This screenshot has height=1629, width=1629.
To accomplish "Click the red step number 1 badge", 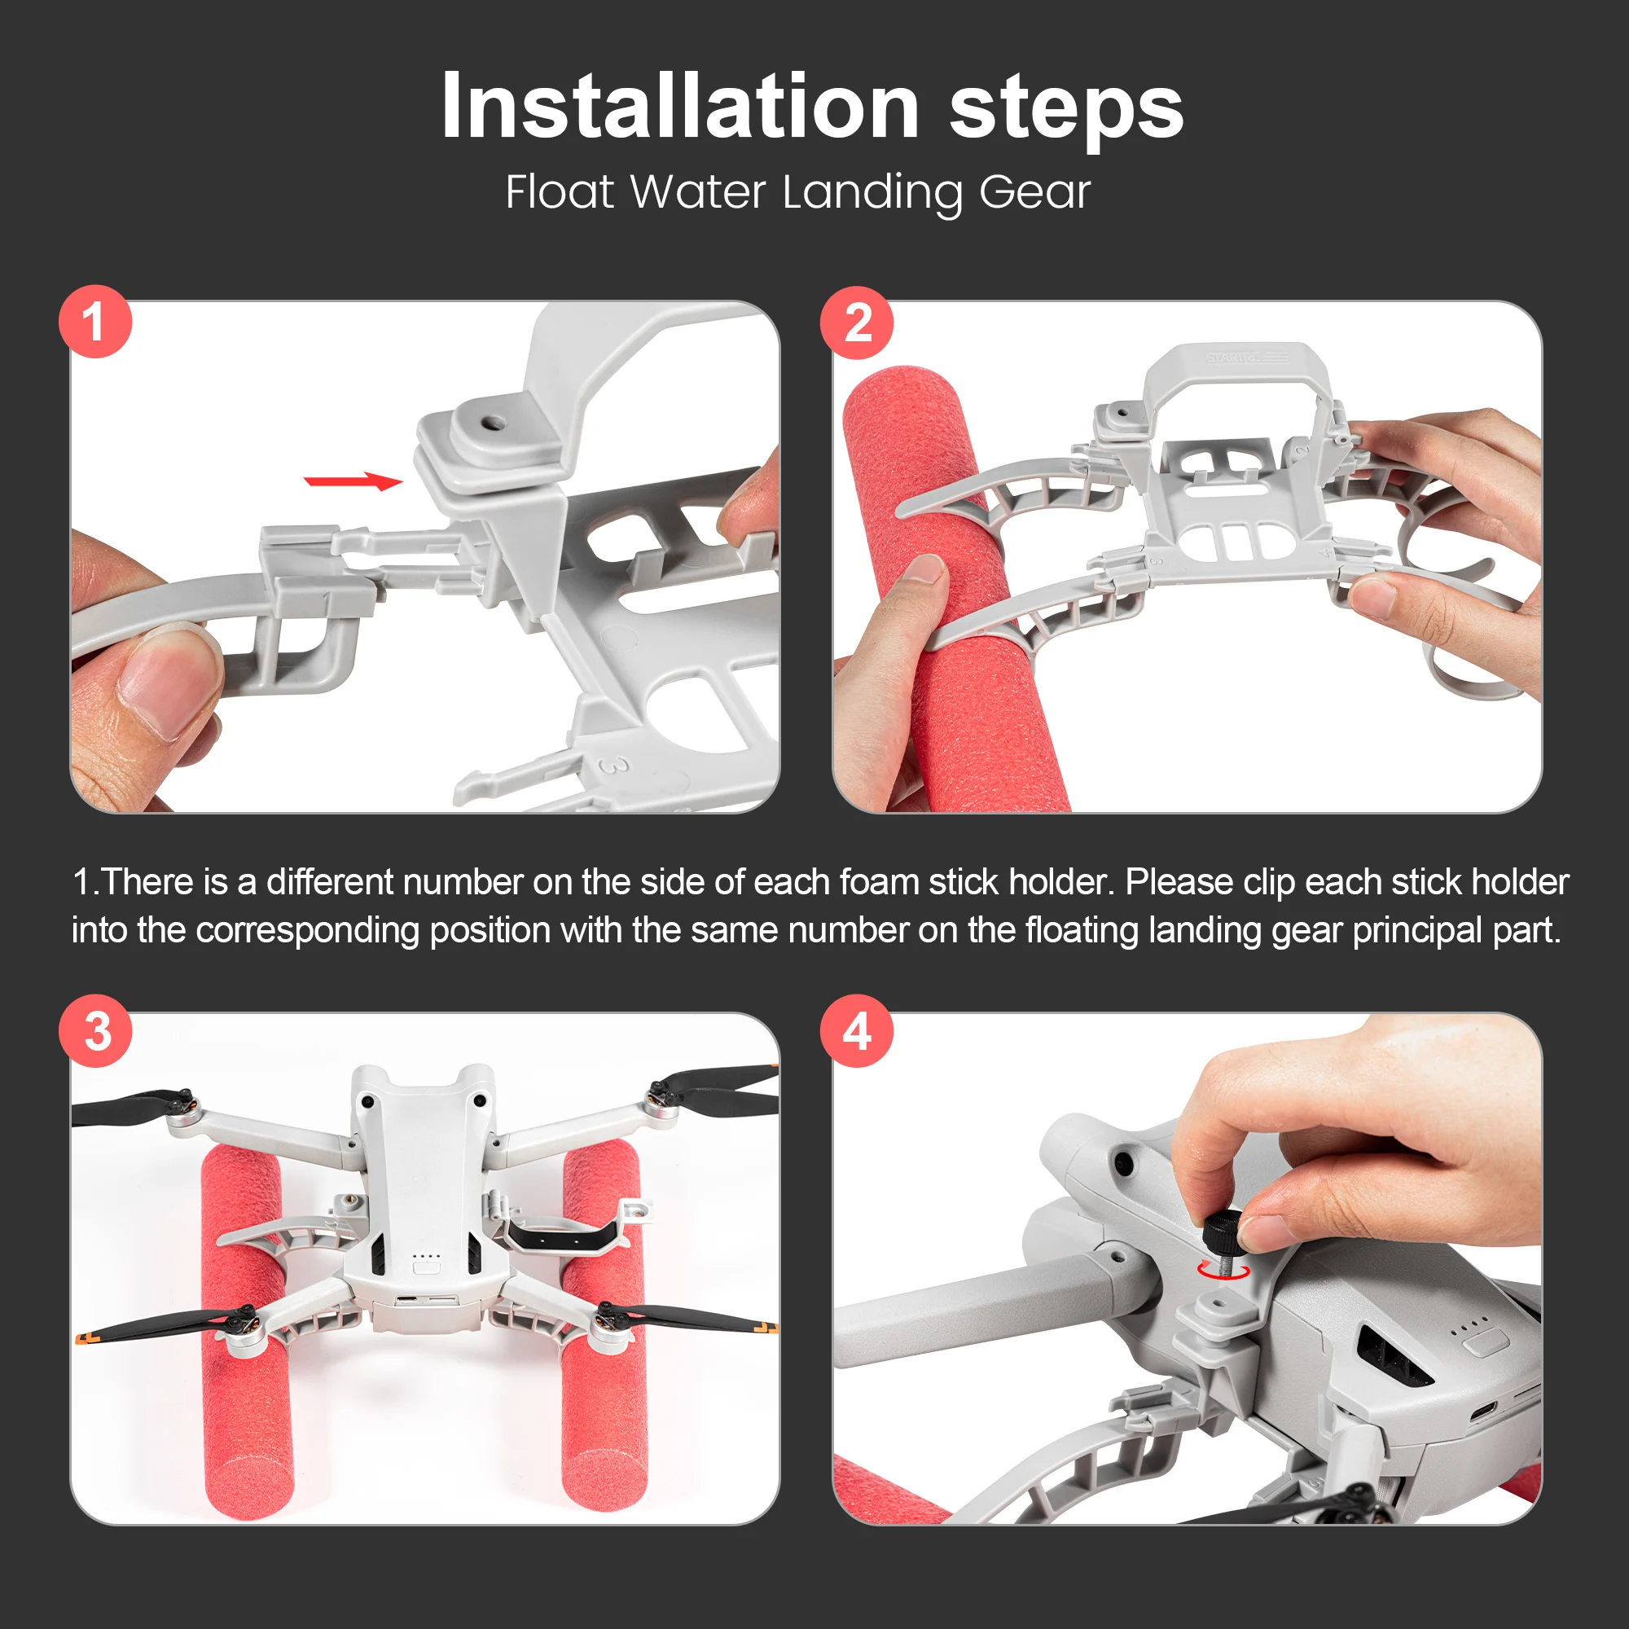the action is (x=95, y=321).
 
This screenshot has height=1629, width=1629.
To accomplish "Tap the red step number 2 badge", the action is (x=857, y=323).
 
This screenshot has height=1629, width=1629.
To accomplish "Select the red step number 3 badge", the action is (x=95, y=1030).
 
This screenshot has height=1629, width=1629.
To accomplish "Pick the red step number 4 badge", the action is (x=857, y=1030).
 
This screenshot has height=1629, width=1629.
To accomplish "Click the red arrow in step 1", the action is (x=353, y=481).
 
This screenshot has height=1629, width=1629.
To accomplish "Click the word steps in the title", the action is (x=1067, y=112).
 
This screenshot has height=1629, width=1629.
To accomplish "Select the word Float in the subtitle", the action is (x=560, y=191).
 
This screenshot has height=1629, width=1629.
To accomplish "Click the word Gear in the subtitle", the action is (x=1034, y=193).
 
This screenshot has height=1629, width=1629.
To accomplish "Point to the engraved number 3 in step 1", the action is (x=616, y=766).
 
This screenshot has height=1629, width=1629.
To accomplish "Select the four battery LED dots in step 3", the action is (x=427, y=1255).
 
